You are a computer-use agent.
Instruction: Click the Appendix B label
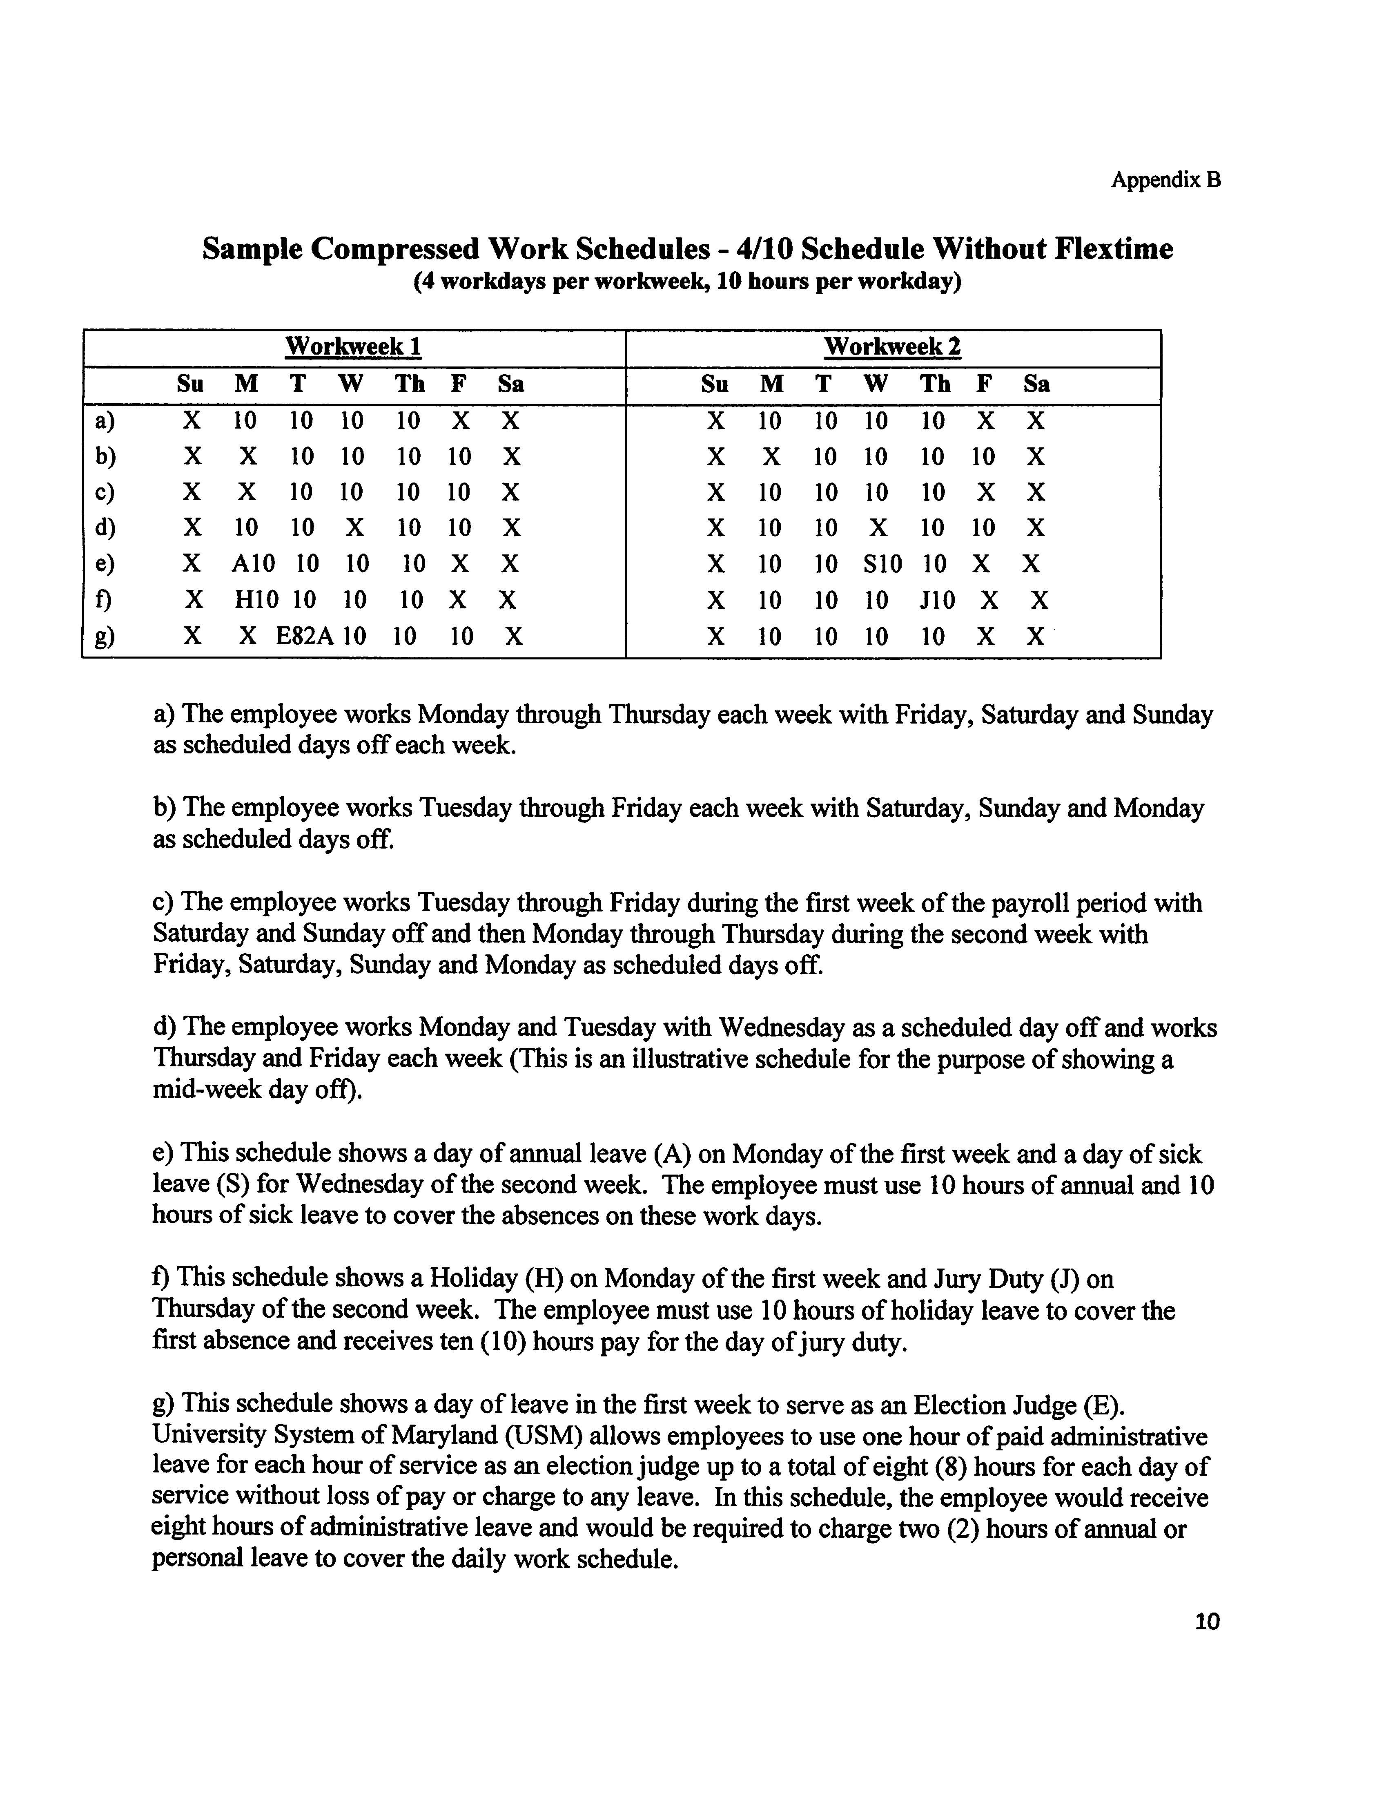click(1166, 180)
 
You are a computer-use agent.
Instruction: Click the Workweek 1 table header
click(354, 346)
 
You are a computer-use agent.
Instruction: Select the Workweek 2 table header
click(892, 346)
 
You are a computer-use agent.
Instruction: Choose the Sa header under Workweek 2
click(1036, 384)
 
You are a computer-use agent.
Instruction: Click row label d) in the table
click(105, 527)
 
